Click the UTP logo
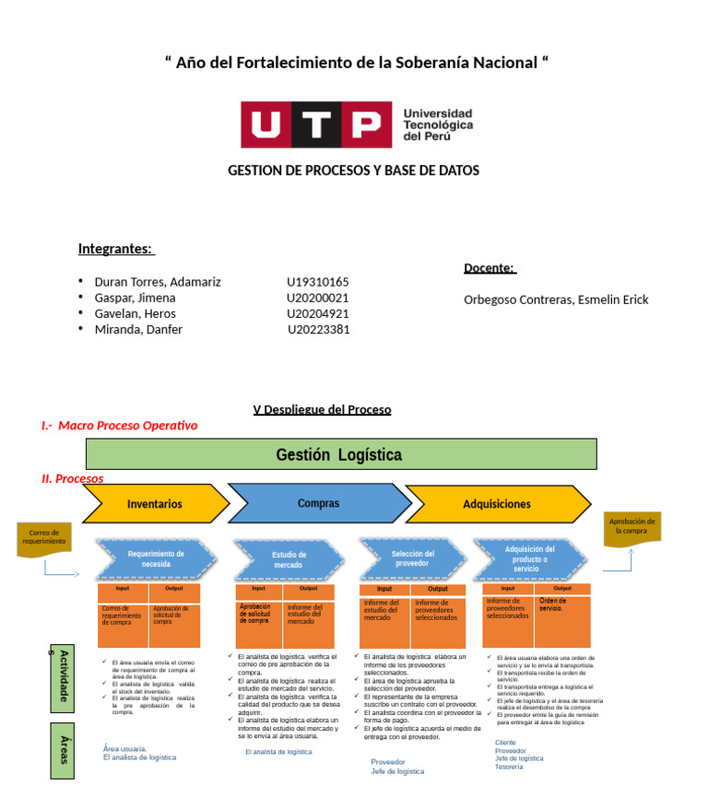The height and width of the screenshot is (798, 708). (357, 123)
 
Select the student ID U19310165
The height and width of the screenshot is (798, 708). (317, 282)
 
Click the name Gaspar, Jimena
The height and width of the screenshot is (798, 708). (135, 298)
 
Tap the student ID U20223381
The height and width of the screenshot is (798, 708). (318, 329)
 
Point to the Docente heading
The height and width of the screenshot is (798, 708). (490, 267)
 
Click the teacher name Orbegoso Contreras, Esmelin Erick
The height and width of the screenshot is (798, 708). (556, 299)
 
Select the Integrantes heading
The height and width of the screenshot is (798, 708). (116, 249)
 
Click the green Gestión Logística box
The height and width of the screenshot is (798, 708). (340, 454)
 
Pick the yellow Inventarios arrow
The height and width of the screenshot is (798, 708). (155, 504)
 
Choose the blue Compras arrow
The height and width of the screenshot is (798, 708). (319, 503)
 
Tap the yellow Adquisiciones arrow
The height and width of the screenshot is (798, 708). (498, 504)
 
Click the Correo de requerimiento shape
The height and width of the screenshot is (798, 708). (44, 537)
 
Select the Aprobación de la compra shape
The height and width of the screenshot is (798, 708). (632, 527)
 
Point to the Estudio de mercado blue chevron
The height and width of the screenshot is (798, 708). (289, 559)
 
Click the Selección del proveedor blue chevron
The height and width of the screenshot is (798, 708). (412, 557)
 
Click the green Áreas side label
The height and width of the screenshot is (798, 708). (64, 750)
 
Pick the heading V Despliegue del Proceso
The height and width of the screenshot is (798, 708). (322, 409)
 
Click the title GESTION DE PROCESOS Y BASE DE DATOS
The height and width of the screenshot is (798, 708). (353, 170)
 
